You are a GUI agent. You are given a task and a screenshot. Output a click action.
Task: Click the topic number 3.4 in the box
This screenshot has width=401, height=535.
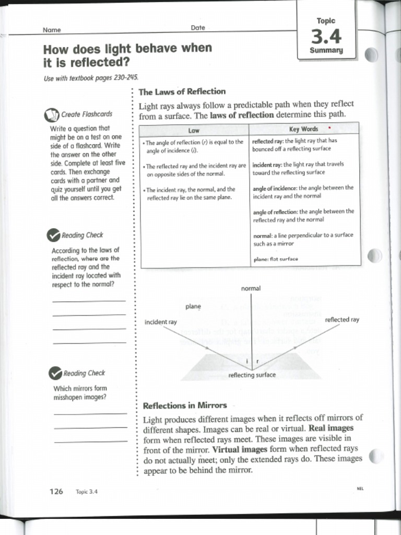326,37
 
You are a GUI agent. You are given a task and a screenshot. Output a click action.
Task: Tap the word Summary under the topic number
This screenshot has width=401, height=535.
326,51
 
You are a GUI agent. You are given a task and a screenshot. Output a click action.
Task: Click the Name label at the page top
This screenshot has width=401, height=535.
52,30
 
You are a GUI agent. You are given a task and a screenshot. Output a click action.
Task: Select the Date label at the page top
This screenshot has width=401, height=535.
198,28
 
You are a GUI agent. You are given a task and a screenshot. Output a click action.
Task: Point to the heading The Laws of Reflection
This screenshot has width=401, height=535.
182,91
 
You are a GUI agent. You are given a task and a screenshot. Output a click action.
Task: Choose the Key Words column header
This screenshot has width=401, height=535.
303,129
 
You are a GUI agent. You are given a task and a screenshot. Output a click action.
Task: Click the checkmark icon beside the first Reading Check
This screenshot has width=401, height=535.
53,236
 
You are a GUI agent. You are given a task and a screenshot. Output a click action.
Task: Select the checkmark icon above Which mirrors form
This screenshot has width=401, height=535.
55,374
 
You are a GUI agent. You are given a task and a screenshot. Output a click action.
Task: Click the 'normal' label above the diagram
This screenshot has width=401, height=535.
251,288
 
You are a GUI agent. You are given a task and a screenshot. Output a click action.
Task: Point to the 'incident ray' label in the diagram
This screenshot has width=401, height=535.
160,322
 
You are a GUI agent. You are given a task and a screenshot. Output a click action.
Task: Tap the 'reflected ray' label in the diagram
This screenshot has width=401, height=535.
342,319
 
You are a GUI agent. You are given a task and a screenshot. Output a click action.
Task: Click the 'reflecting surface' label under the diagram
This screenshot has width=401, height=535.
252,375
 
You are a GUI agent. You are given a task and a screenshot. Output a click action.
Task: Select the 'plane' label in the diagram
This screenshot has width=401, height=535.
193,307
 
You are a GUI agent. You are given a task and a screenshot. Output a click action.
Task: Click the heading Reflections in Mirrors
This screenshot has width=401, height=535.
185,405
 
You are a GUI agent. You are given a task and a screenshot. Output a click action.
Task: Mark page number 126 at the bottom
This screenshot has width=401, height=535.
56,491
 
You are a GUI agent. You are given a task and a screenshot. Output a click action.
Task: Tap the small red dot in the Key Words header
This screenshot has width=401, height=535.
330,127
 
